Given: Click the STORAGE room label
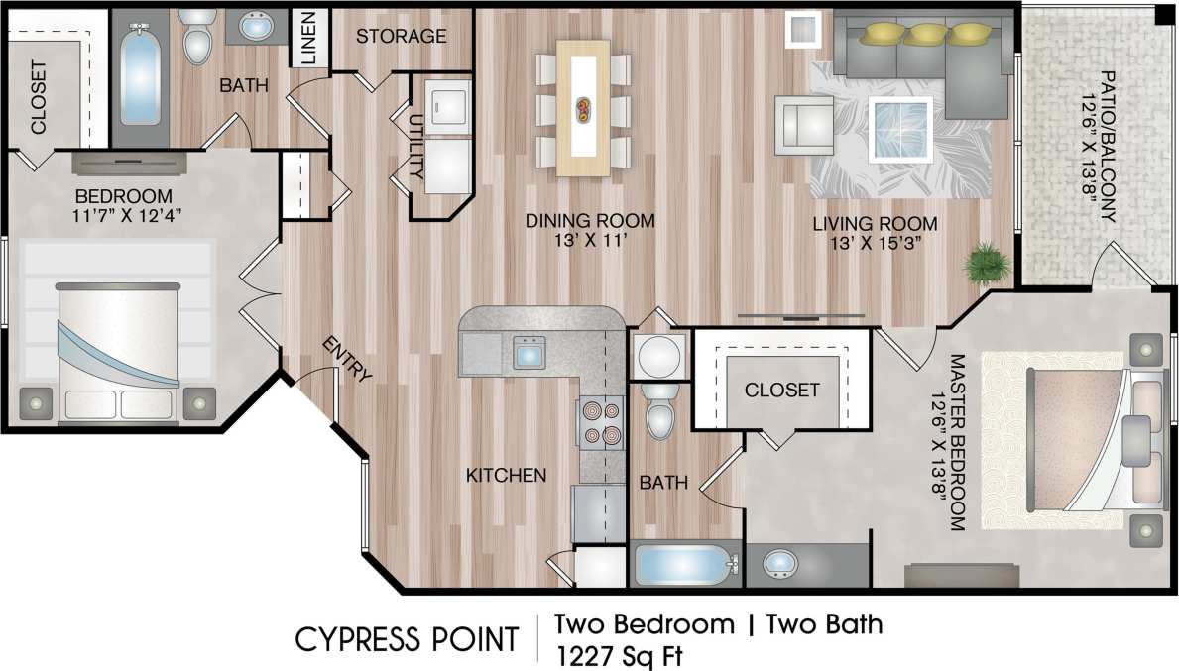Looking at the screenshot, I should [401, 37].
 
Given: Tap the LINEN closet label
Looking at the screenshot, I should [308, 39].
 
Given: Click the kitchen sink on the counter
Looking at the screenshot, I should [528, 352].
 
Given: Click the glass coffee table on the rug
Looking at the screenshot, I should [900, 129].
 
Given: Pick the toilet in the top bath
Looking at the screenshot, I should [199, 37].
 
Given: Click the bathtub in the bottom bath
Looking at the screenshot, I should [685, 566].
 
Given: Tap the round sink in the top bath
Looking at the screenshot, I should [260, 27].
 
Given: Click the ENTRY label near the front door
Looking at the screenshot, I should [346, 361].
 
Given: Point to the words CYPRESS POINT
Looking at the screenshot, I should [407, 640].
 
